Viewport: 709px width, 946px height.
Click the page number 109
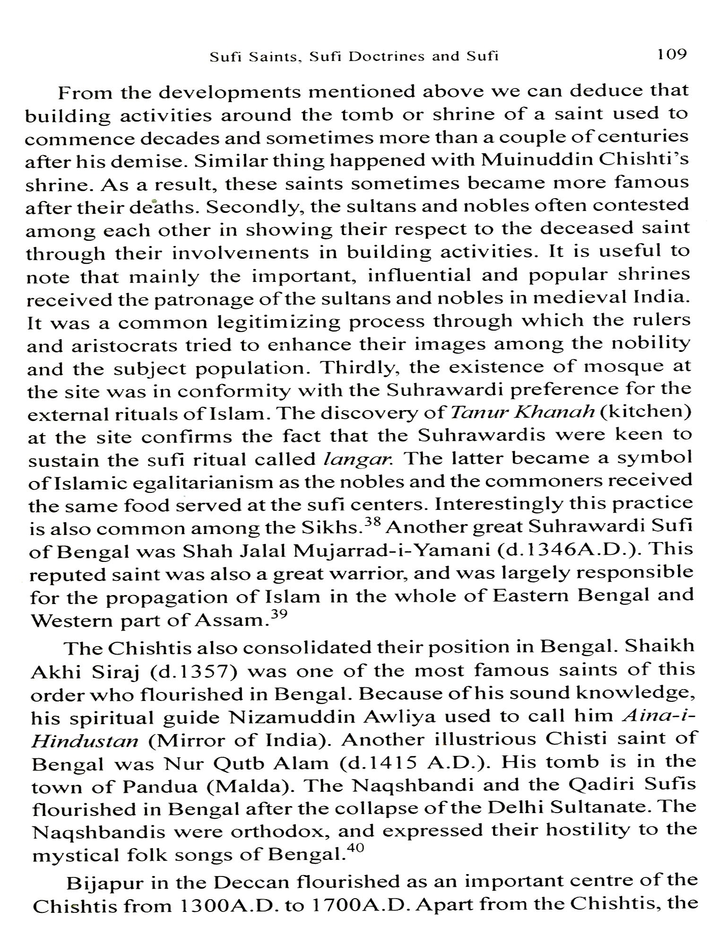pyautogui.click(x=671, y=54)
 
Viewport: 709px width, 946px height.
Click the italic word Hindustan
pyautogui.click(x=84, y=740)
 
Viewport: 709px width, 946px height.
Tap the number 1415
pyautogui.click(x=395, y=762)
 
